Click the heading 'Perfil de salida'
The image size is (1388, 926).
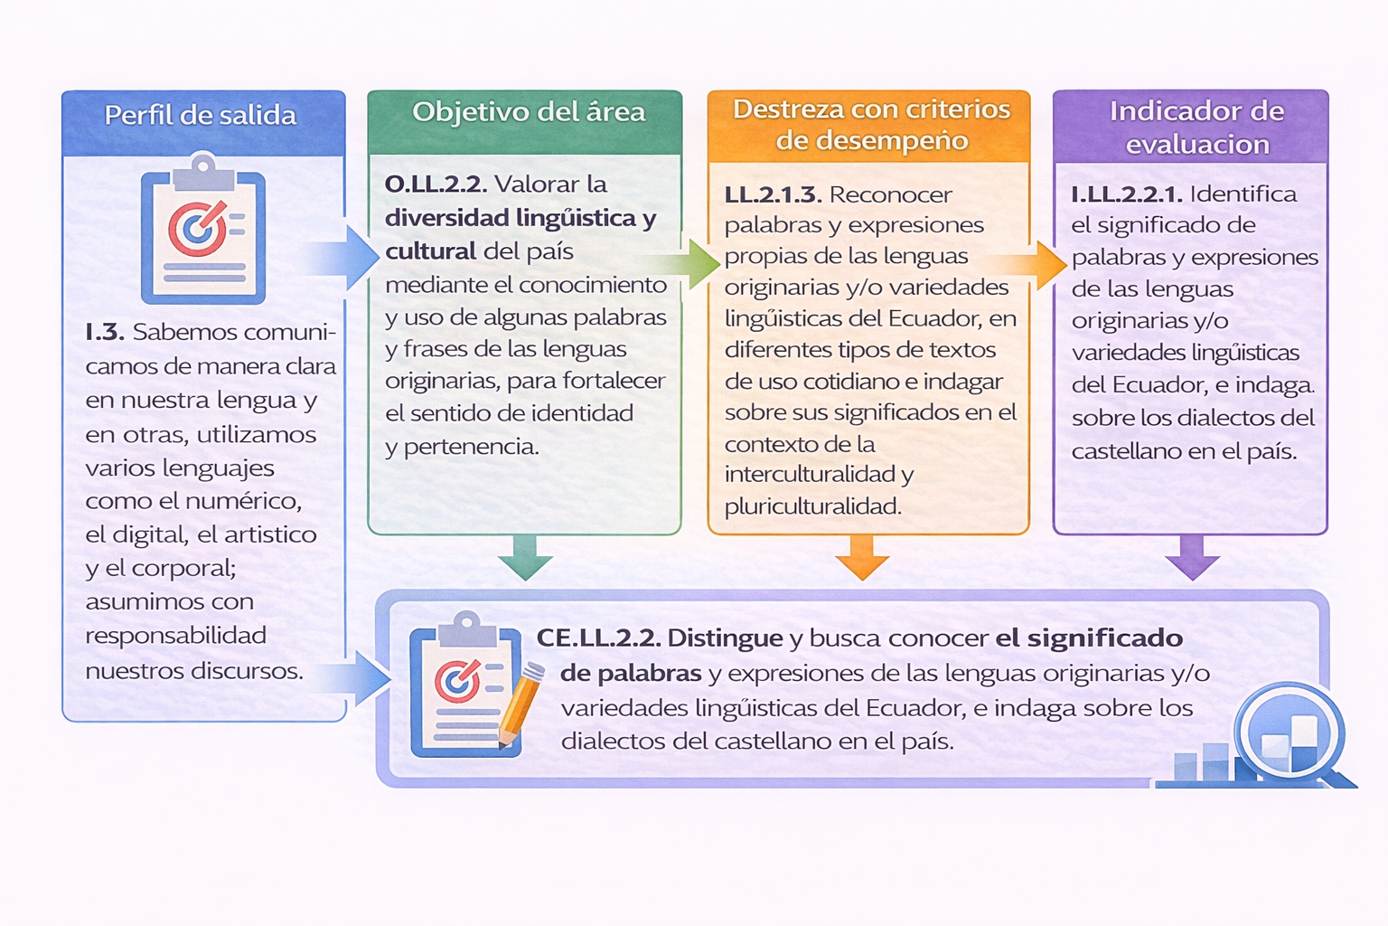200,116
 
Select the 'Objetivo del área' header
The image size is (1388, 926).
529,112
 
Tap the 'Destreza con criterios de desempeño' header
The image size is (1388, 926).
871,125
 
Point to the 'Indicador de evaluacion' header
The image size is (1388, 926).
1196,128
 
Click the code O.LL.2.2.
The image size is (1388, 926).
436,184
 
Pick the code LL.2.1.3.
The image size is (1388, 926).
774,194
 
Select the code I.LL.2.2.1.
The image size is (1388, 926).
1127,194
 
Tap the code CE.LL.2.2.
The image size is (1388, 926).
598,638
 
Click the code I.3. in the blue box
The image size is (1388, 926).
105,333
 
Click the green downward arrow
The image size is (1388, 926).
525,557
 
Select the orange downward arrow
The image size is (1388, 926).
862,557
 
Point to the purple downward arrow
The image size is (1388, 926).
1192,557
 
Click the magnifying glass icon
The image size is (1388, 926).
1290,735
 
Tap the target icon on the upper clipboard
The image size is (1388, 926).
198,228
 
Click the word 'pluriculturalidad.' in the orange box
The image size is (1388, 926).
813,506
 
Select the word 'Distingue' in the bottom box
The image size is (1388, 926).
725,638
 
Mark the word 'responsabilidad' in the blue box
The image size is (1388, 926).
176,636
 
